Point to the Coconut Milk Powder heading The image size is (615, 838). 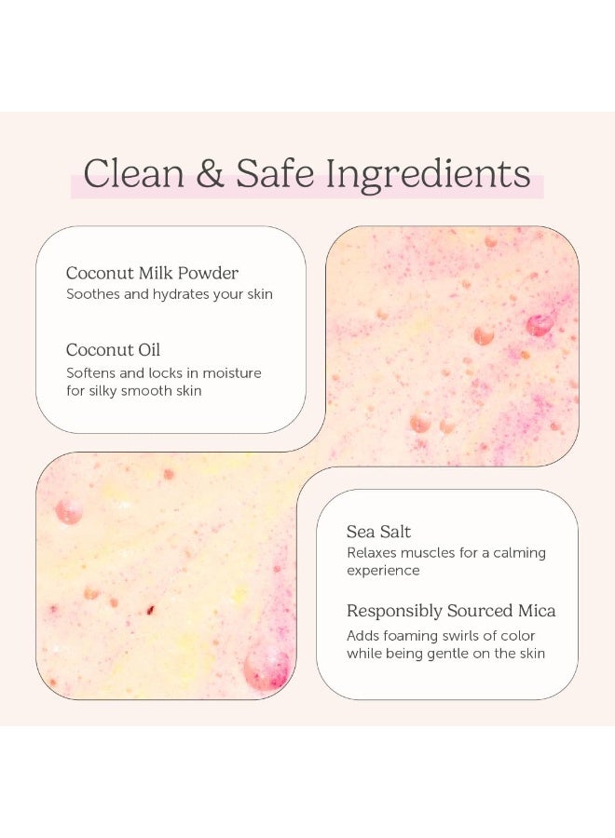(152, 273)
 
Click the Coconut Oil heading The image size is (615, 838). (113, 350)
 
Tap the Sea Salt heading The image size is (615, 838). (378, 532)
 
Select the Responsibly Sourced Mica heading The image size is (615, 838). (451, 611)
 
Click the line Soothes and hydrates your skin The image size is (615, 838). (169, 294)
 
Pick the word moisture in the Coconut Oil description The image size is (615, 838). (230, 372)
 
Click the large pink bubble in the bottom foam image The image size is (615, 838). (267, 668)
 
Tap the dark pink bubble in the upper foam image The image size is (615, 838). (540, 324)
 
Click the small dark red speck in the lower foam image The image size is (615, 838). (150, 611)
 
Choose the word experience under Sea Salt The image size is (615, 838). (383, 570)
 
